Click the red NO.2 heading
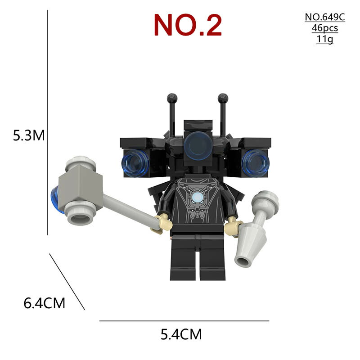188,25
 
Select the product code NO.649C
324,17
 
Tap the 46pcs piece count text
324,28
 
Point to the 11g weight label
324,39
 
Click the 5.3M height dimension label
29,135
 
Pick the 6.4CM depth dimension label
44,303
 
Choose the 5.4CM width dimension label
181,334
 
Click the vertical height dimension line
47,122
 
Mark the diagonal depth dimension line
67,282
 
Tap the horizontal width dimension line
184,321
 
